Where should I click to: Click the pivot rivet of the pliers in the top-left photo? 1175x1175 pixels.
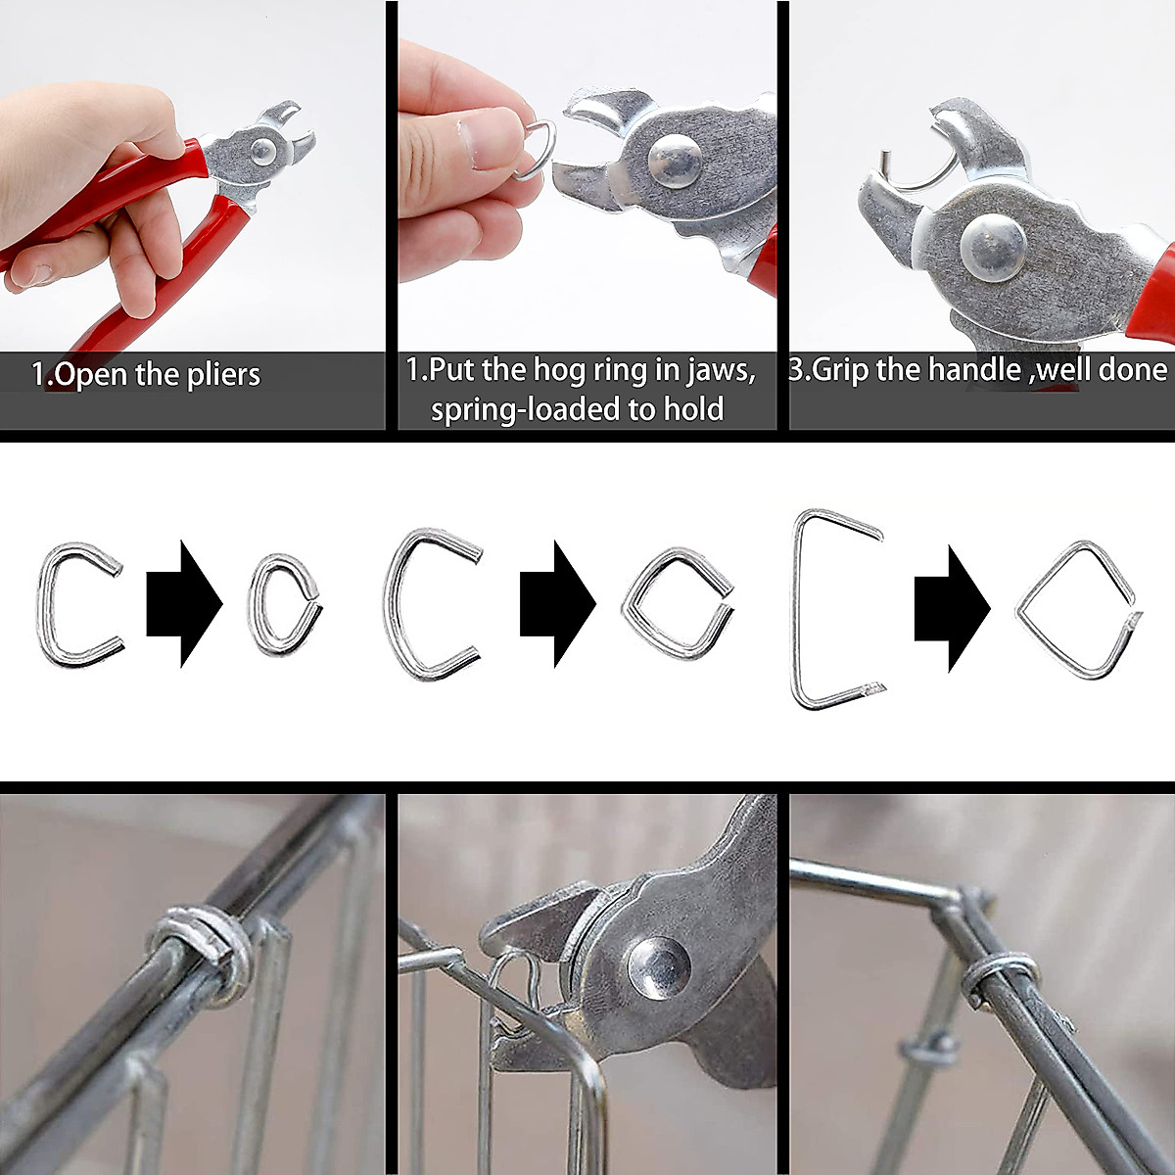tap(262, 150)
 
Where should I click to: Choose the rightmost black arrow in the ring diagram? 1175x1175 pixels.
tap(951, 608)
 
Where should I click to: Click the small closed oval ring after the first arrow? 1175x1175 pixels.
tap(284, 604)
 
